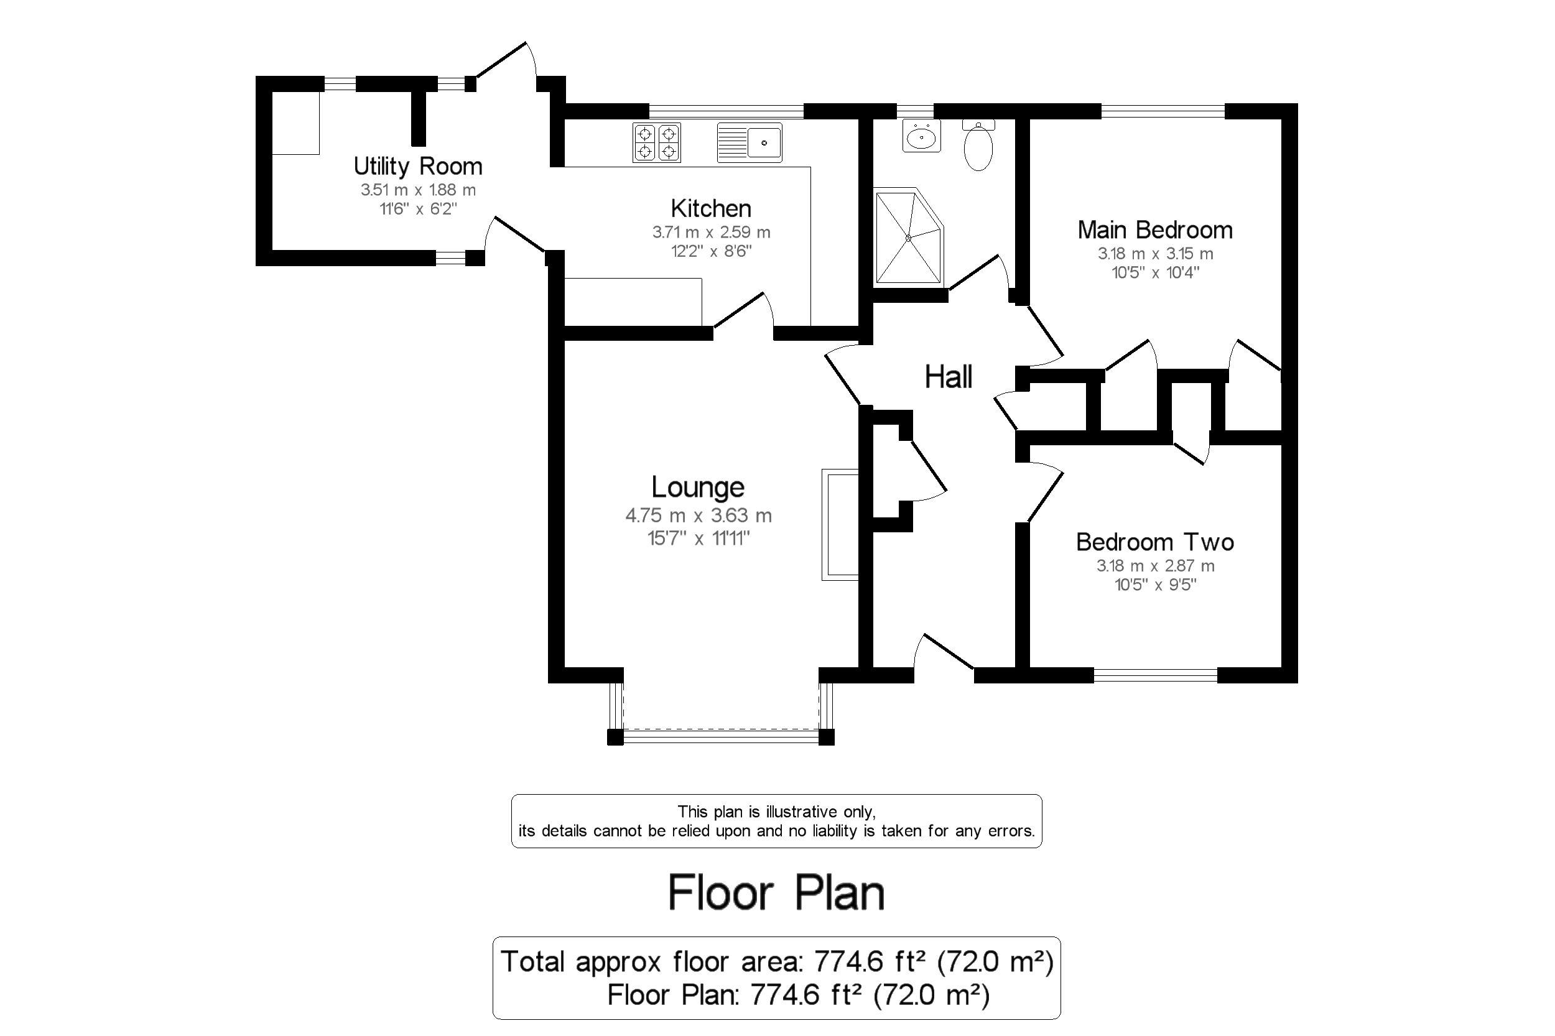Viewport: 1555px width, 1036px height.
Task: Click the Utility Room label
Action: pos(417,166)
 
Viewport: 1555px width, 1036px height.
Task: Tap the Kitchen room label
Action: pos(710,208)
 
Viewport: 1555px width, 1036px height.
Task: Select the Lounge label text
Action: pos(698,487)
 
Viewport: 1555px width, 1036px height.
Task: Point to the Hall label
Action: pos(948,377)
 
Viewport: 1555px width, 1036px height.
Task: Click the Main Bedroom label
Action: pos(1154,230)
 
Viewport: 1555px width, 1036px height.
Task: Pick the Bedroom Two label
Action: pos(1154,542)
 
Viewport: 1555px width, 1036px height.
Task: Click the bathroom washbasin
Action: pos(921,137)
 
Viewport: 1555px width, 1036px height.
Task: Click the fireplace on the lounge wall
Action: pos(839,525)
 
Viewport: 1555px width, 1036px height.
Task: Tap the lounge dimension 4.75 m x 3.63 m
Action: pos(698,515)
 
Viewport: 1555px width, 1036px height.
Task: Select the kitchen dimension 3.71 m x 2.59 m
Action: pos(710,232)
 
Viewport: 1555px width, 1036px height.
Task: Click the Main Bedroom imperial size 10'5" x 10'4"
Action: pos(1154,272)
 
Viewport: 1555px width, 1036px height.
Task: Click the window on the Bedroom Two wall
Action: pos(1155,675)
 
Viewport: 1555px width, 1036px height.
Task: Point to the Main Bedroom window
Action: pos(1163,111)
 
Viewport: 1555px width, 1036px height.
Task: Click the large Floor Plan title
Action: pos(776,892)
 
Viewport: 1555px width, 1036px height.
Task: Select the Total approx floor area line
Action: pos(776,961)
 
